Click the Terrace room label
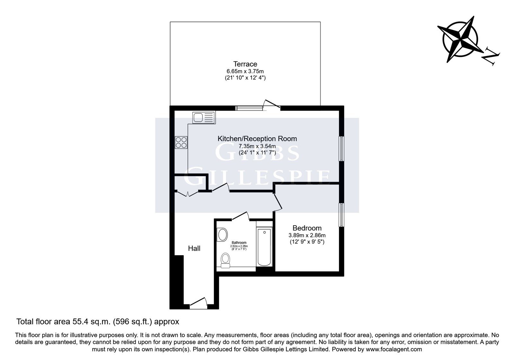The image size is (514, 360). [245, 64]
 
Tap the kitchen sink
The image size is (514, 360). [204, 118]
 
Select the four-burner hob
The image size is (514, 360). [181, 142]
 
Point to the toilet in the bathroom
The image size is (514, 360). [225, 260]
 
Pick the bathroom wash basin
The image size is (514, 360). [222, 235]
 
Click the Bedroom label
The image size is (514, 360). [307, 228]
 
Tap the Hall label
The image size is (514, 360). [194, 248]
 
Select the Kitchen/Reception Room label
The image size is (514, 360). [257, 139]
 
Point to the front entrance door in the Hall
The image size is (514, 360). [199, 303]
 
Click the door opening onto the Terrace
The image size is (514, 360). [272, 105]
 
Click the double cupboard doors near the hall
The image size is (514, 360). [188, 194]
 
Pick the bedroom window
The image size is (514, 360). [341, 215]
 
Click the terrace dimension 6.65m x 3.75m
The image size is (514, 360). [245, 71]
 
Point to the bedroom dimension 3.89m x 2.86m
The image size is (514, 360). [307, 235]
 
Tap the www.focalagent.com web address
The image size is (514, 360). [394, 349]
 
